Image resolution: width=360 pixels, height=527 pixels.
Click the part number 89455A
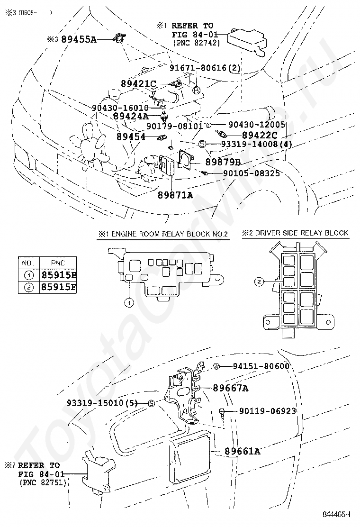coord(79,40)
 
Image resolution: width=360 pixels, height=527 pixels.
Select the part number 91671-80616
coord(199,68)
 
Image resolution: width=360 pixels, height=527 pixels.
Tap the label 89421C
coord(138,83)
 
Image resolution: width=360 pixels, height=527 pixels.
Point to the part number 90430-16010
coord(120,108)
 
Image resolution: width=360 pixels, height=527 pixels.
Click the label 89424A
coord(131,116)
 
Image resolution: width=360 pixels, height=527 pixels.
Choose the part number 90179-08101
coord(174,126)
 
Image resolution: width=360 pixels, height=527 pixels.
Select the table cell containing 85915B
coord(59,275)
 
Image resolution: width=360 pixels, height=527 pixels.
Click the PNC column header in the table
coord(59,263)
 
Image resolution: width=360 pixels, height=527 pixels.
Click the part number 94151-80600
coord(261,366)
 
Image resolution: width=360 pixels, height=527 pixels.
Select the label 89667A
coord(230,388)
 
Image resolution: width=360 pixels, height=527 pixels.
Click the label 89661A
coord(242,451)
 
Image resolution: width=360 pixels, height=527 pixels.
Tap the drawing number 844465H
coord(337,514)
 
